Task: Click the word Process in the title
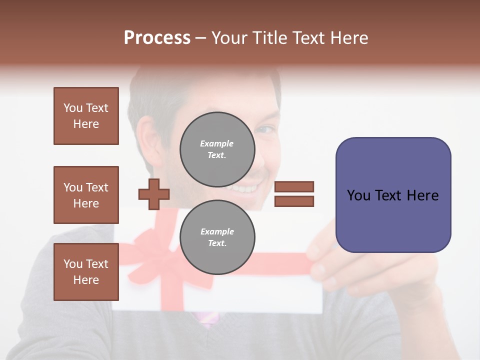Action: point(157,38)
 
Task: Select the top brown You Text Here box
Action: point(86,116)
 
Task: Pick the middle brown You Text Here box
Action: point(86,195)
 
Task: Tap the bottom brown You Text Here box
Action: point(86,271)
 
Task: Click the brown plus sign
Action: point(154,194)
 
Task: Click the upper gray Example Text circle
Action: point(217,149)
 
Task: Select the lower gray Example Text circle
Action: point(217,237)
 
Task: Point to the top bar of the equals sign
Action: point(294,186)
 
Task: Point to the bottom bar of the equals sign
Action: point(294,201)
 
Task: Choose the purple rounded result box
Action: point(393,195)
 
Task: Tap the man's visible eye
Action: point(265,130)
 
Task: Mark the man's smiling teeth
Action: point(245,189)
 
